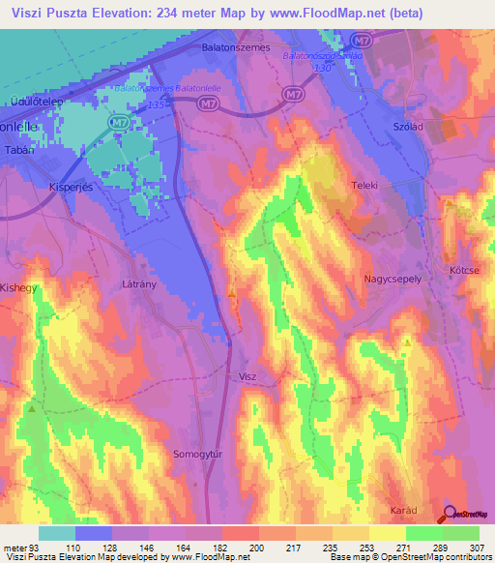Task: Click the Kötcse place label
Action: tap(466, 270)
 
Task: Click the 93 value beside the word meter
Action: tap(39, 548)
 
